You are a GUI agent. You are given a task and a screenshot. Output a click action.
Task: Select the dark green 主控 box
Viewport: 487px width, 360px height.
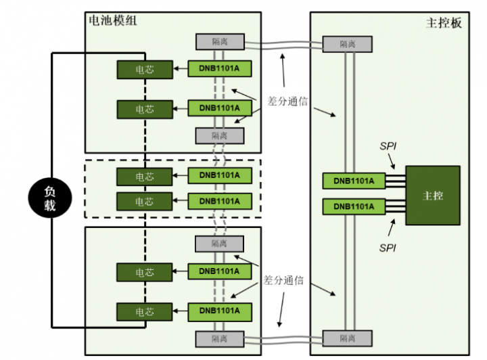tap(432, 195)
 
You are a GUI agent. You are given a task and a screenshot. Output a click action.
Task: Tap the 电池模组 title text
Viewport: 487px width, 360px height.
tap(114, 20)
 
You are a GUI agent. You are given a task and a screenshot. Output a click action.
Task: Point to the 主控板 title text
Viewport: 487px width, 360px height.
tap(444, 22)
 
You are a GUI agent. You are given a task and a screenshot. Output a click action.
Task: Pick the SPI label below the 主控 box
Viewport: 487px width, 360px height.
tap(386, 248)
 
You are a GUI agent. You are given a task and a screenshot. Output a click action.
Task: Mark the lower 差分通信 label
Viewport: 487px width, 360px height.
tap(285, 279)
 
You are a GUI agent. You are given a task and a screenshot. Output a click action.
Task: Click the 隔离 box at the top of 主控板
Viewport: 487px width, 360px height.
tap(347, 44)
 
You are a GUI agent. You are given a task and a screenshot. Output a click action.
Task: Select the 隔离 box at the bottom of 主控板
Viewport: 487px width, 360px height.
tap(347, 338)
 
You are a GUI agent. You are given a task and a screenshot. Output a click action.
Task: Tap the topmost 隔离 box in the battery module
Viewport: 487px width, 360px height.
tap(219, 41)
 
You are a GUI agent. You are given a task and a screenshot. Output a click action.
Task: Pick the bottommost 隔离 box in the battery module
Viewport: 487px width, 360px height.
tap(219, 338)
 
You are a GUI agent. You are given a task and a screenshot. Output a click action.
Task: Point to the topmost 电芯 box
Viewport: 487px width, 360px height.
tap(144, 69)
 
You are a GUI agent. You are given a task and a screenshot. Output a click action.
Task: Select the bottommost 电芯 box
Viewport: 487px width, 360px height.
tap(144, 312)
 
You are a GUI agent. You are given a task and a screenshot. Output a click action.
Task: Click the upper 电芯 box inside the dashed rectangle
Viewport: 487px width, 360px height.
tap(144, 177)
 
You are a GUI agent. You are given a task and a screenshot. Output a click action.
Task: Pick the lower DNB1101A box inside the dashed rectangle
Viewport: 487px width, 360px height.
tap(219, 201)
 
